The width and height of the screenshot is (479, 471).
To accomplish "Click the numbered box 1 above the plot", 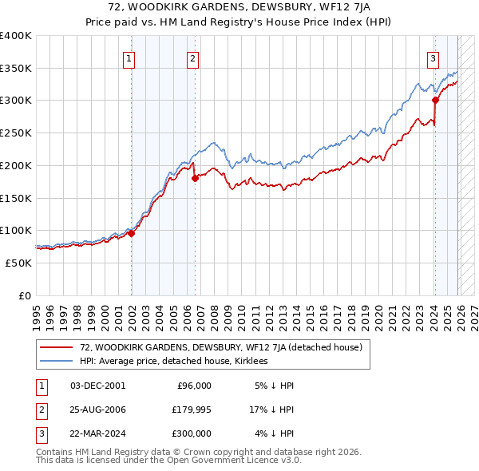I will tap(129, 57).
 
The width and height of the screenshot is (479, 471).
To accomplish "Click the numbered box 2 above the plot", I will tap(193, 57).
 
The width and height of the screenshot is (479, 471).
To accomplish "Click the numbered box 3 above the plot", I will tap(433, 57).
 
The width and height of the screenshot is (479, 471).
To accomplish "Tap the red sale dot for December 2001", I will tap(131, 233).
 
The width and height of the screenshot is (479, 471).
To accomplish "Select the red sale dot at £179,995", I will tap(195, 179).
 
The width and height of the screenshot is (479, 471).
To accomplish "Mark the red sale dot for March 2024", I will tap(435, 101).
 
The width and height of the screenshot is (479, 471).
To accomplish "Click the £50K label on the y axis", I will tap(18, 263).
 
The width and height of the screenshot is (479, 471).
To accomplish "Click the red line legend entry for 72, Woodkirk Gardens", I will tap(221, 347).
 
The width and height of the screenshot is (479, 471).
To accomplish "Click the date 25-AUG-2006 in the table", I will tap(97, 410).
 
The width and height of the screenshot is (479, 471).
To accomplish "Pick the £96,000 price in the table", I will tap(193, 386).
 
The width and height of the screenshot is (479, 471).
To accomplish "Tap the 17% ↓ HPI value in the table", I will tap(271, 410).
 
